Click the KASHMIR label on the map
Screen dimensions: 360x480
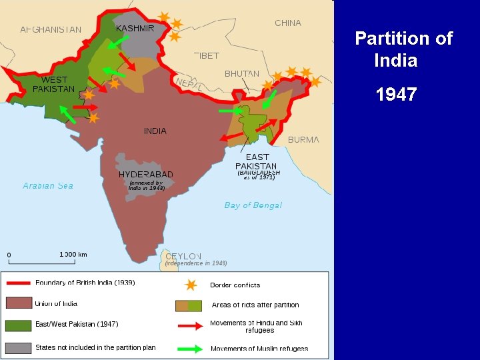[x=135, y=28]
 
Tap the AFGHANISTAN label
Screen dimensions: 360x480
[x=51, y=29]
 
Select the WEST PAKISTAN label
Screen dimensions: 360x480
[x=53, y=84]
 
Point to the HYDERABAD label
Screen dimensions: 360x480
[x=146, y=175]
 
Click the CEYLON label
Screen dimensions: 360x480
[x=183, y=256]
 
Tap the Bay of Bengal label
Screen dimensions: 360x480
[x=253, y=205]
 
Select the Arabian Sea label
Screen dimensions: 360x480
[x=48, y=186]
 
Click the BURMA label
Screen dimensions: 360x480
[x=303, y=140]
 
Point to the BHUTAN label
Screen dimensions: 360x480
[x=242, y=73]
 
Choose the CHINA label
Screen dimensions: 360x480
[x=288, y=23]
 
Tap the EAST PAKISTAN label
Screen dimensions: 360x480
[x=256, y=161]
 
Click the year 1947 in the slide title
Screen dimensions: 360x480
[x=396, y=95]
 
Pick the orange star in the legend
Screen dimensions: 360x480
[x=191, y=285]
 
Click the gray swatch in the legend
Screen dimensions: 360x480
[x=19, y=347]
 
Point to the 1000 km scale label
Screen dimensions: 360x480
[x=73, y=255]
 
